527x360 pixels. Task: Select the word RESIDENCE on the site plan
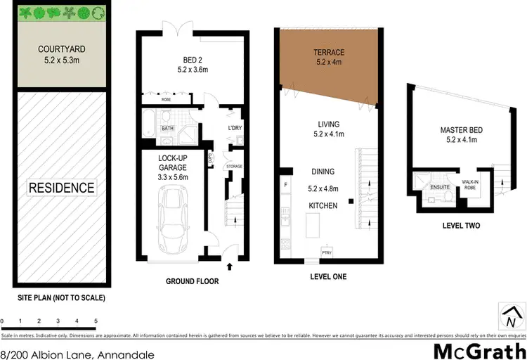60,188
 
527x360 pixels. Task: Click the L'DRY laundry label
235,128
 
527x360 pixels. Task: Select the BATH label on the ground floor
167,129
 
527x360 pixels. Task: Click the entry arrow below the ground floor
231,266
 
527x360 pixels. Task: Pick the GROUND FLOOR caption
192,281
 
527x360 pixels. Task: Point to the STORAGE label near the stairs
235,166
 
